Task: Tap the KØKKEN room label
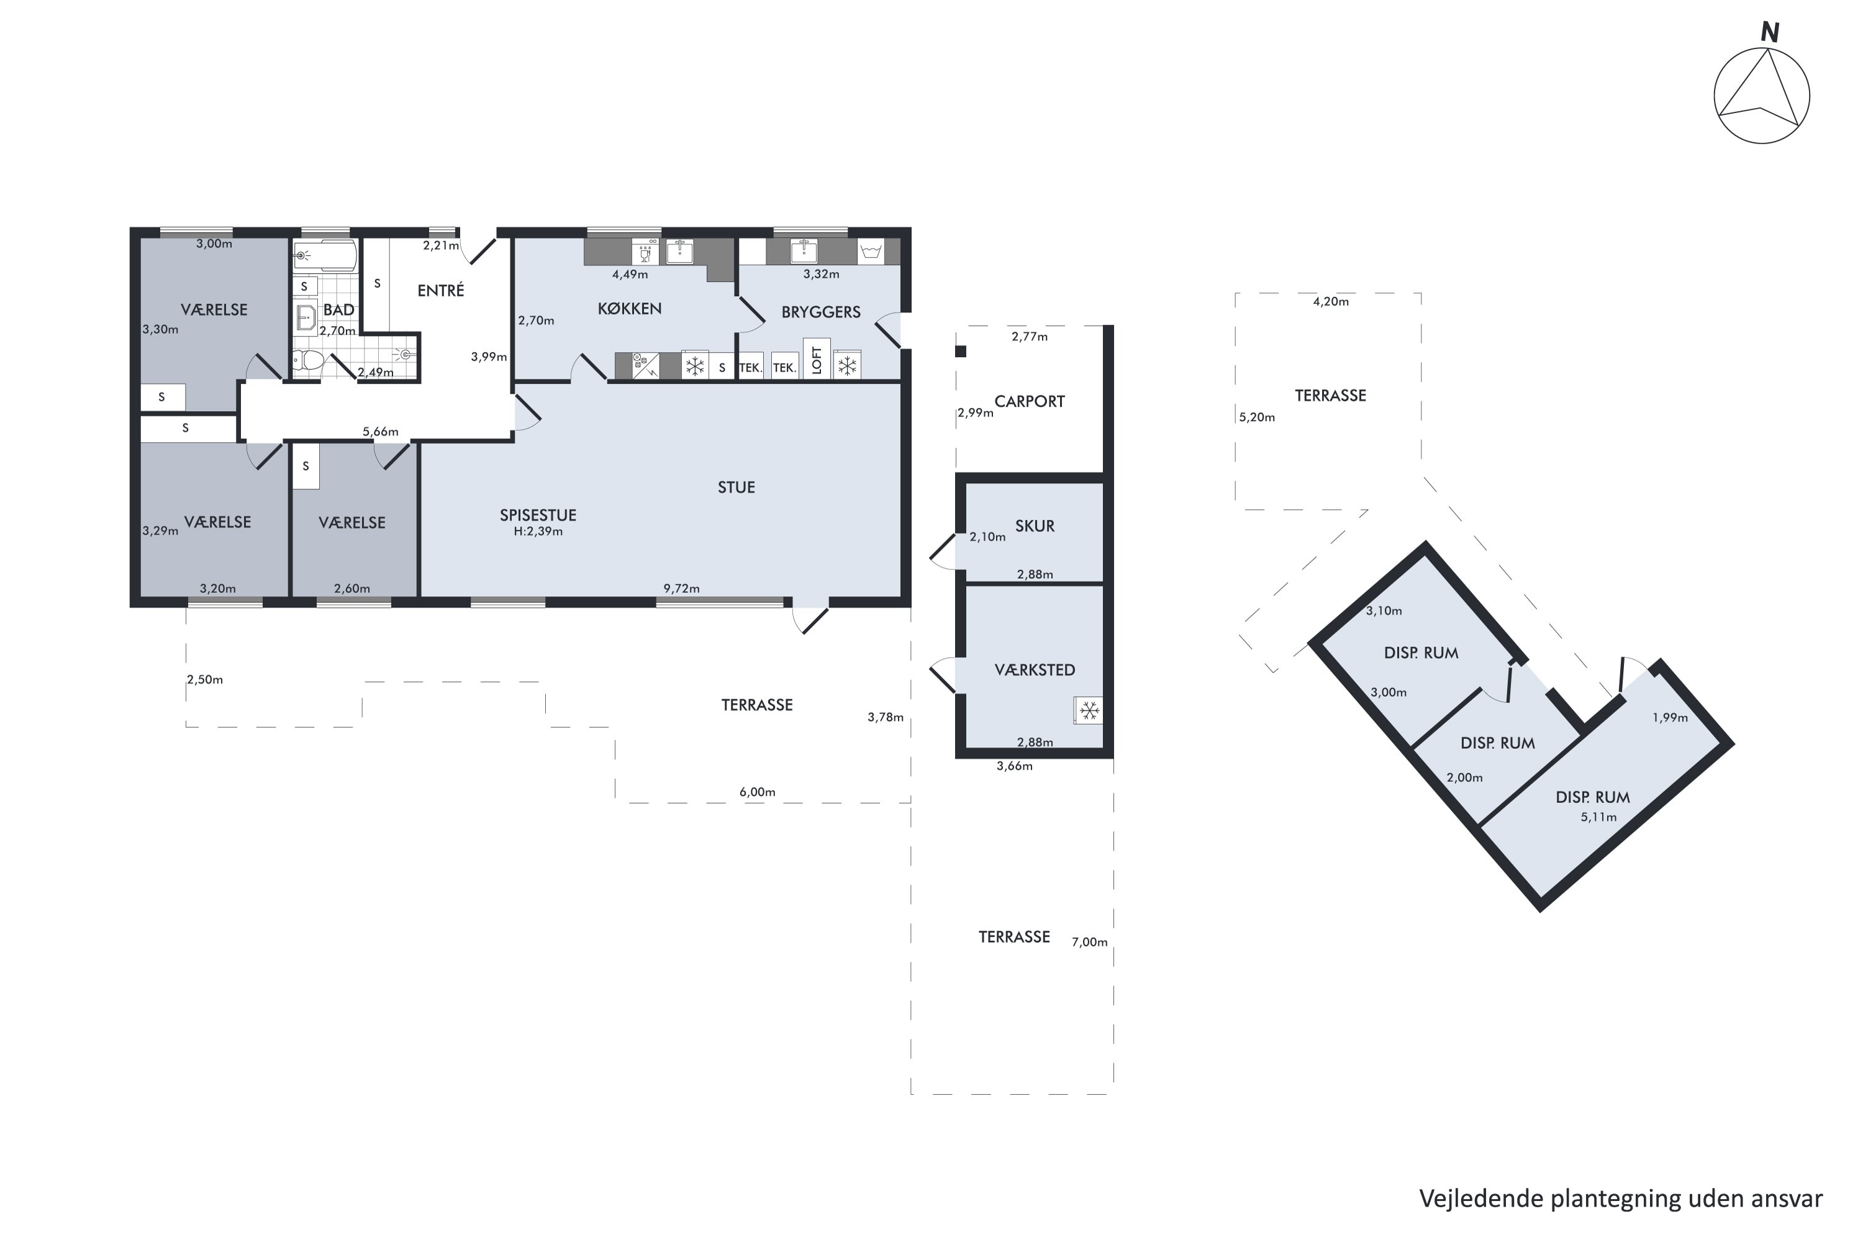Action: [x=630, y=308]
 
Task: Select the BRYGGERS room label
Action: [x=820, y=312]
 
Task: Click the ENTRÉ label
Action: [x=440, y=290]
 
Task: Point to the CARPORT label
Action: [x=1029, y=402]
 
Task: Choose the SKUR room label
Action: [x=1035, y=526]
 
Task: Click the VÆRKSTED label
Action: [x=1035, y=670]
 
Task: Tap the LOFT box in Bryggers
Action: [x=817, y=360]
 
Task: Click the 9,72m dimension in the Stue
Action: [x=681, y=589]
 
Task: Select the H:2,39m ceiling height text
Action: [x=538, y=532]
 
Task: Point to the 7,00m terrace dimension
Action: [x=1089, y=942]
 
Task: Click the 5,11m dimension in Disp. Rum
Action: [x=1598, y=817]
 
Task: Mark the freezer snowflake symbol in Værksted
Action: [x=1089, y=710]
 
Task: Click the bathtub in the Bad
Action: [x=325, y=256]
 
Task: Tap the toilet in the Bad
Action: [x=308, y=362]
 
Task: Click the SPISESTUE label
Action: [x=538, y=515]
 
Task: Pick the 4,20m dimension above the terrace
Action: [x=1331, y=301]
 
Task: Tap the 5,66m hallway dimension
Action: [x=380, y=432]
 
